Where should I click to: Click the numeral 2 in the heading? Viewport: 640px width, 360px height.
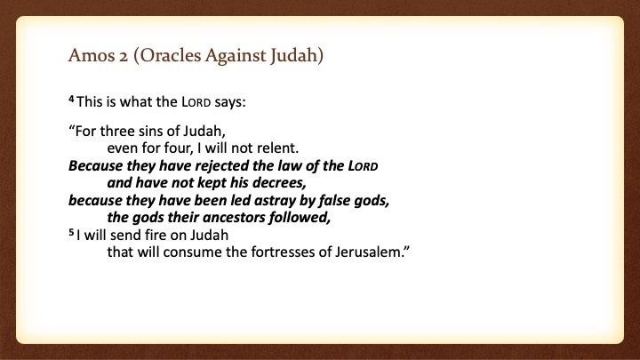(124, 56)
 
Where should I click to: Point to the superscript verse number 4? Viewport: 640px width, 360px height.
(71, 99)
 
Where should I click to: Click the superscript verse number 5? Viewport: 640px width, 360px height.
(71, 232)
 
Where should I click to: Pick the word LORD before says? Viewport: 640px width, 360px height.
(196, 102)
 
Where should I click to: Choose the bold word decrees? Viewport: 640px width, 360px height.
(279, 182)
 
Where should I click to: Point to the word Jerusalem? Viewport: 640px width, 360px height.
(372, 252)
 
